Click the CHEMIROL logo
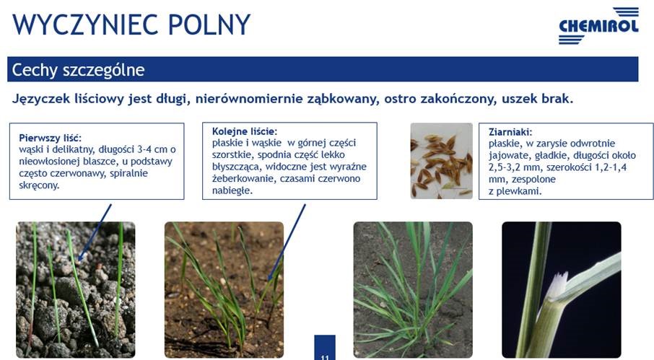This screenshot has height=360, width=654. [599, 25]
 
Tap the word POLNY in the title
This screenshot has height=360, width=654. [209, 25]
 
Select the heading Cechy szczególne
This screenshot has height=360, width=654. [78, 69]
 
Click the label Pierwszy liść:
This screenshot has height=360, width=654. [50, 138]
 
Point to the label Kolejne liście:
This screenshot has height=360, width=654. [245, 131]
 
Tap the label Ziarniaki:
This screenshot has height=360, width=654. [510, 132]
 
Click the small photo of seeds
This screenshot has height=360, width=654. [441, 161]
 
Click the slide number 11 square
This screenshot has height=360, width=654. [325, 348]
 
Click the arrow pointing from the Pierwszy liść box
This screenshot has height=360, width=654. [95, 232]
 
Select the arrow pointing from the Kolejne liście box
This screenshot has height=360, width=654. [287, 242]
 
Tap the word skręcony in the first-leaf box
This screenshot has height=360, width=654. [39, 186]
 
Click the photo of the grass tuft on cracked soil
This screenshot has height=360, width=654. [413, 290]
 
